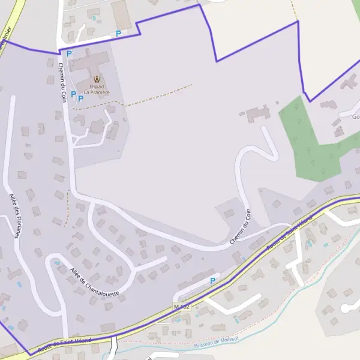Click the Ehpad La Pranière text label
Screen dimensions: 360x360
97,89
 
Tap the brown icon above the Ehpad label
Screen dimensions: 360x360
97,79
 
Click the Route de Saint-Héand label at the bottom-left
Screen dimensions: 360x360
64,344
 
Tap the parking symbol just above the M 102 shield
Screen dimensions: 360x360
212,280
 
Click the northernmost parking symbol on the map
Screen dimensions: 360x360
118,34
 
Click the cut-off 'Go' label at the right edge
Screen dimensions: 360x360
355,117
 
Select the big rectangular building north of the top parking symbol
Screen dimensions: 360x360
121,15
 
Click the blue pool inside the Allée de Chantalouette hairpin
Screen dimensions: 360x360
57,262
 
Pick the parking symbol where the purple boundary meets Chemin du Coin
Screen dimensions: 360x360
69,53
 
